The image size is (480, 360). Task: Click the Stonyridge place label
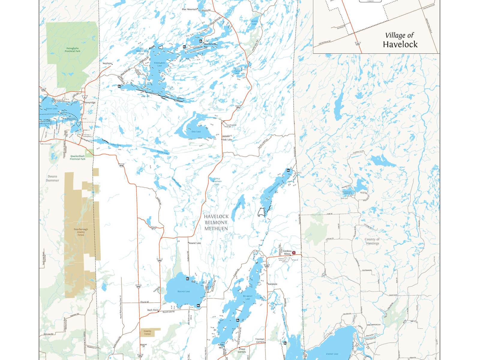(90, 103)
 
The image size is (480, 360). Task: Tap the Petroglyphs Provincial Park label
(73, 49)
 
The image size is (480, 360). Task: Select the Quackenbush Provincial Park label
(77, 157)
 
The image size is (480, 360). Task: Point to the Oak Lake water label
(196, 131)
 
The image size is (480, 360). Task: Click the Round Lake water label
(184, 291)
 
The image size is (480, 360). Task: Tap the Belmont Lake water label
(248, 297)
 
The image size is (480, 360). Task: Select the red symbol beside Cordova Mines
(294, 253)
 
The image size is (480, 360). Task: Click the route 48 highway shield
(267, 266)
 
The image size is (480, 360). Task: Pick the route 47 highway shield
(153, 228)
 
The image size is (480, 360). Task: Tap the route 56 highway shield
(43, 90)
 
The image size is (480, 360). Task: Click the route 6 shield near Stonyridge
(85, 97)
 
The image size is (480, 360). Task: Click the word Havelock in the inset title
(400, 44)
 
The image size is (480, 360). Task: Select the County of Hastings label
(372, 241)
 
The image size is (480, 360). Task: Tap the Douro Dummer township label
(52, 178)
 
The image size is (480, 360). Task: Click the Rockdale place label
(272, 284)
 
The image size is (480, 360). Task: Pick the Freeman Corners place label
(260, 340)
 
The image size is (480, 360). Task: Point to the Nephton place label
(107, 63)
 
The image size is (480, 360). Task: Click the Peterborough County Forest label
(81, 232)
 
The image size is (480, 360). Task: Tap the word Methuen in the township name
(216, 229)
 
